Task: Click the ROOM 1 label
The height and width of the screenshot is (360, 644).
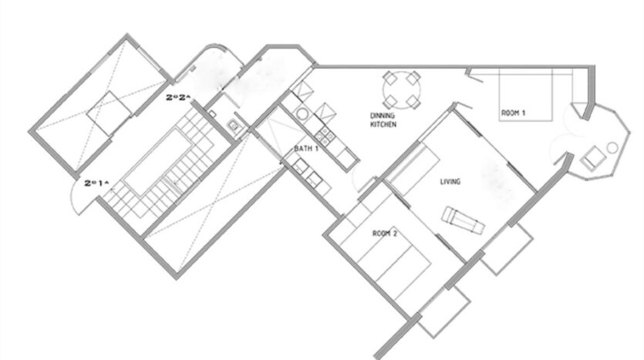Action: click(x=513, y=113)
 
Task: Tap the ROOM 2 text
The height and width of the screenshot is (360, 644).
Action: click(x=385, y=234)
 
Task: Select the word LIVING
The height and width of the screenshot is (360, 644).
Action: click(x=450, y=181)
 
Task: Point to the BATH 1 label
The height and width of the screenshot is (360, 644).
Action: click(x=306, y=149)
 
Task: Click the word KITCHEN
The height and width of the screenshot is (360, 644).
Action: click(x=383, y=124)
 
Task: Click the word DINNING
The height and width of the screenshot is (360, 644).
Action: click(x=383, y=116)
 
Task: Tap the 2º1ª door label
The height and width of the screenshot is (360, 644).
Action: click(x=97, y=183)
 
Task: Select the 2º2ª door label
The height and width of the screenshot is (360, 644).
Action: click(x=179, y=97)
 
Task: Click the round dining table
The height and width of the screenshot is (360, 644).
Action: click(x=402, y=90)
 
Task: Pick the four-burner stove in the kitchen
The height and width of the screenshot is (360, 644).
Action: click(x=325, y=136)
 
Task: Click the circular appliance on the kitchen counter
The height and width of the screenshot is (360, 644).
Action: click(x=302, y=114)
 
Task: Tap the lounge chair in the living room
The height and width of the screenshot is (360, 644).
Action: click(x=463, y=220)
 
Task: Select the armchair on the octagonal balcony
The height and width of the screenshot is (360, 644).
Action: click(x=592, y=157)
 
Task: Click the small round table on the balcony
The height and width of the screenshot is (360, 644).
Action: click(x=612, y=147)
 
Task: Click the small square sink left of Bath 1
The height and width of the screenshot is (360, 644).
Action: click(x=234, y=125)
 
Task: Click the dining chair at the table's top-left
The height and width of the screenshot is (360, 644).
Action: click(x=389, y=77)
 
